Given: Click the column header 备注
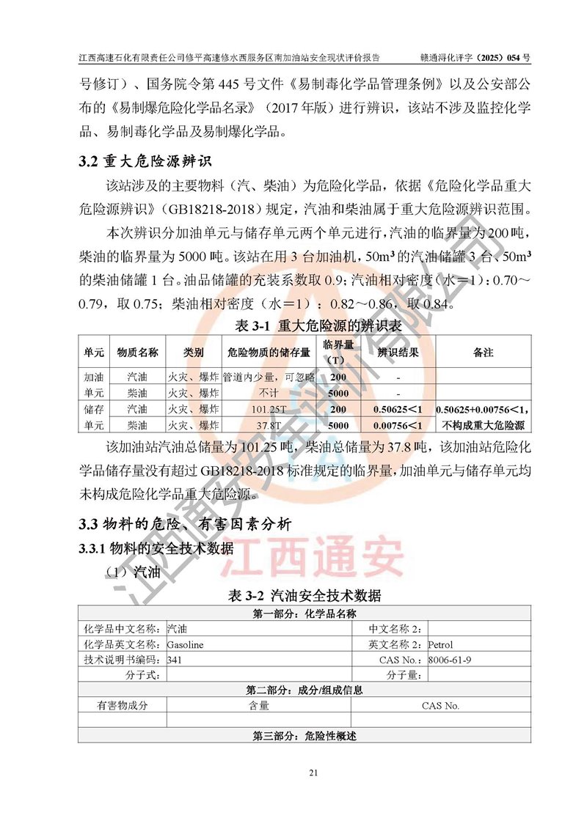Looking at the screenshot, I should (483, 353).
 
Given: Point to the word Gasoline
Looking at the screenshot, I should (185, 645).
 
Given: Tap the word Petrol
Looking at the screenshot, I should (442, 645).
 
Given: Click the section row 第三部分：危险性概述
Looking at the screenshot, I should (305, 735).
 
